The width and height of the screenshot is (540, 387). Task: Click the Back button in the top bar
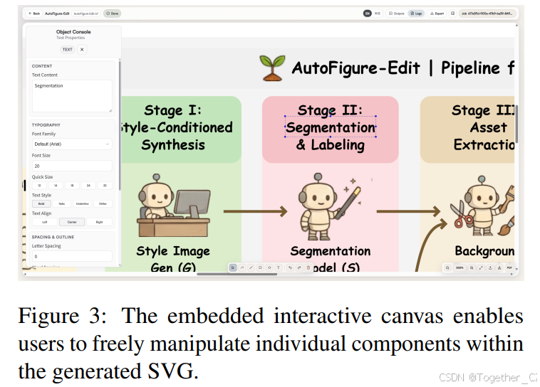(x=34, y=14)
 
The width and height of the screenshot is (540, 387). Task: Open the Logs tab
(x=416, y=14)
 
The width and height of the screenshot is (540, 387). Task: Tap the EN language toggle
(x=368, y=14)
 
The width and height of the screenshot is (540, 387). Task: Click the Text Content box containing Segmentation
(x=71, y=95)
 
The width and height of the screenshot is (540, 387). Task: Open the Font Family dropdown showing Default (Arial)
(x=71, y=144)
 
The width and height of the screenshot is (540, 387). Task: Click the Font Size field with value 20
(x=71, y=165)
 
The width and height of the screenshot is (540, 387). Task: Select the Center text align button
(x=71, y=222)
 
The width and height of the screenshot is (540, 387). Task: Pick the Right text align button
(x=98, y=222)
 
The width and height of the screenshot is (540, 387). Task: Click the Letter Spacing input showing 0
(x=71, y=256)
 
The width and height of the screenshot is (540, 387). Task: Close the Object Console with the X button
(x=82, y=50)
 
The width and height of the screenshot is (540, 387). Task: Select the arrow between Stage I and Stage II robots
(x=255, y=211)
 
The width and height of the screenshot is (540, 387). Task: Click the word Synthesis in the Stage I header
(x=172, y=145)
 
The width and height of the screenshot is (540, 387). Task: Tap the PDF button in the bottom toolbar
(x=509, y=267)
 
